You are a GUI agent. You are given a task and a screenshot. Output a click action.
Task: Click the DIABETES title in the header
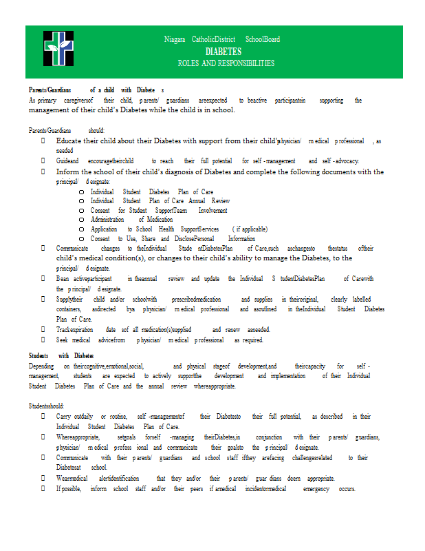coord(223,52)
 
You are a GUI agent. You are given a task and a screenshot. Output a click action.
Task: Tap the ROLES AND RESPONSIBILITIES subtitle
coord(226,63)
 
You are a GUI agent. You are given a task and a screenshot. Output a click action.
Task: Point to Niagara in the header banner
coord(175,39)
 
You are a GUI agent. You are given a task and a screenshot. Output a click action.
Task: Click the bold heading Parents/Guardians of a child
coord(96,90)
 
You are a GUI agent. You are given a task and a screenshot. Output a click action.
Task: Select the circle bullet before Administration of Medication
coord(81,220)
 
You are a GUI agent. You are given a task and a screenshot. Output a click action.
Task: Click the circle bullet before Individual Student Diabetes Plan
coord(81,192)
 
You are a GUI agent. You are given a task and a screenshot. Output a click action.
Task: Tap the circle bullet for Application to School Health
coord(81,229)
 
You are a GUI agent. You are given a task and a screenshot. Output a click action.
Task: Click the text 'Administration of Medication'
coord(131,220)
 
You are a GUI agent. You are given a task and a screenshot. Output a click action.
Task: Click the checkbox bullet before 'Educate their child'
coord(43,141)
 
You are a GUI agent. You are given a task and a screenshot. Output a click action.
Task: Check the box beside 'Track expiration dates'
coord(43,330)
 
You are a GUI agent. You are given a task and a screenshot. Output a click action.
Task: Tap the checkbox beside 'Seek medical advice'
coord(43,340)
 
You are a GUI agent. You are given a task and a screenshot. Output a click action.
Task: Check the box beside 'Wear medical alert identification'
coord(43,479)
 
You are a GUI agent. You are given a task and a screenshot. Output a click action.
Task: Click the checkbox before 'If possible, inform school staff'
coord(43,489)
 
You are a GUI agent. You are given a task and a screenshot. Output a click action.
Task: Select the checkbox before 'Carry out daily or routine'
coord(43,417)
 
